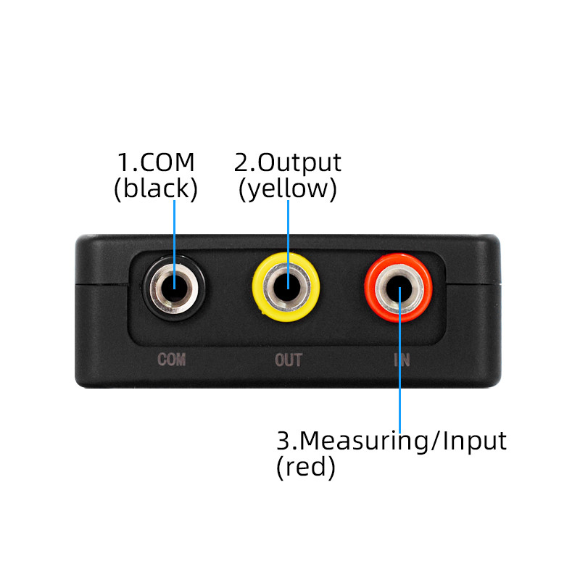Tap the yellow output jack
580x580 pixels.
[287, 288]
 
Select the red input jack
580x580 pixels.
[399, 289]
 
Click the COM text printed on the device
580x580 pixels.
[172, 360]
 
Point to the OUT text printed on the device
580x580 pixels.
[288, 360]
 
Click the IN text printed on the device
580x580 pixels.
[401, 360]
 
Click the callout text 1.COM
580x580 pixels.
[157, 162]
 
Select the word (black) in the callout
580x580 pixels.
[156, 188]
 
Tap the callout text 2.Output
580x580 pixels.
[288, 162]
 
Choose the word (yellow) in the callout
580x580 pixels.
[288, 188]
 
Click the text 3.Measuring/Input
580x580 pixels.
[391, 440]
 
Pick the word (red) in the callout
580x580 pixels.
[306, 468]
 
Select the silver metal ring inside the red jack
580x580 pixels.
[386, 289]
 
